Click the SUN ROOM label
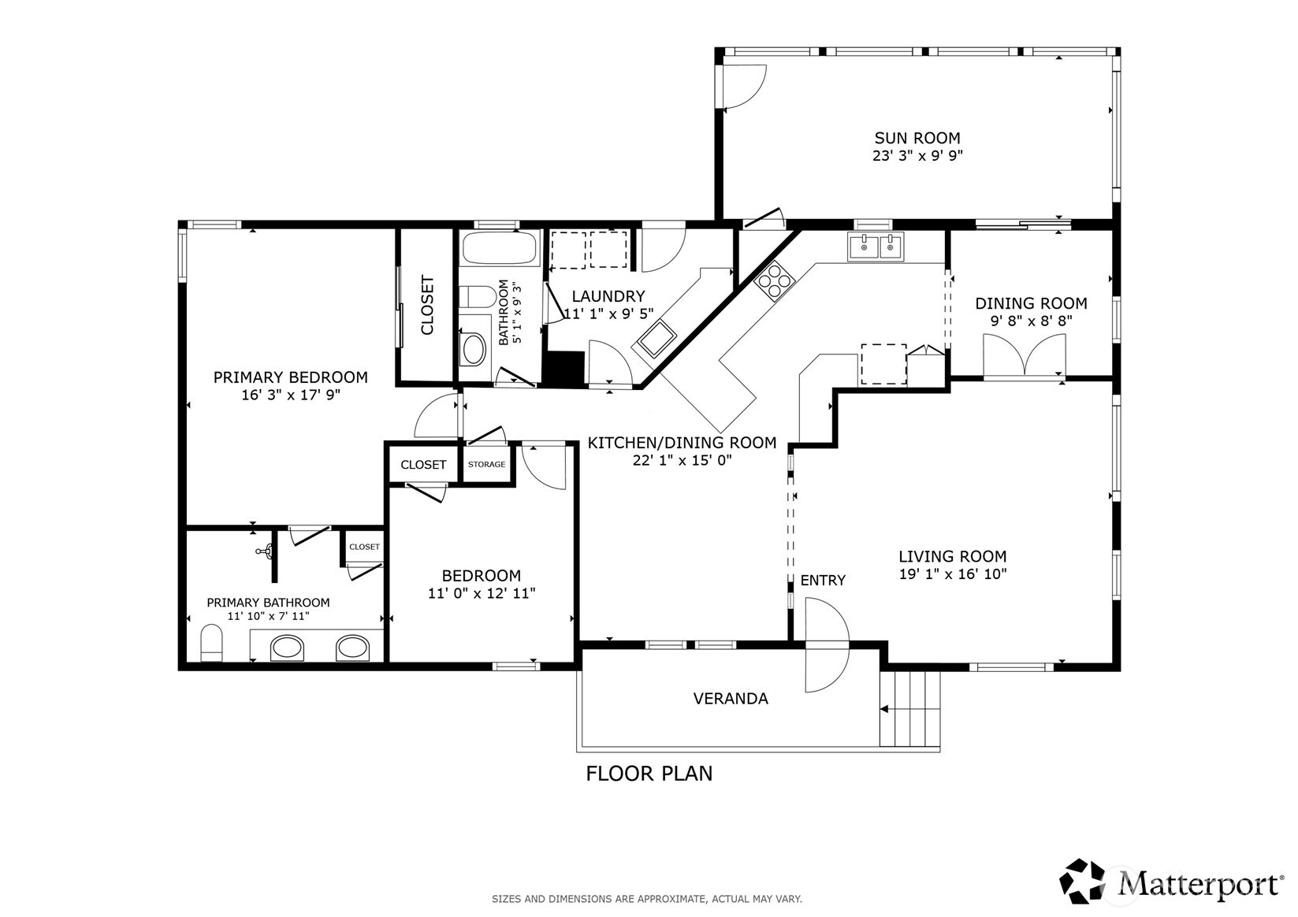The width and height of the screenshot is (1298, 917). [917, 139]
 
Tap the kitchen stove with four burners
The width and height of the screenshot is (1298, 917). [774, 280]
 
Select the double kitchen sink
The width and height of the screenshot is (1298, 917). [876, 247]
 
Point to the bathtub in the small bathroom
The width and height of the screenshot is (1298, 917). [499, 249]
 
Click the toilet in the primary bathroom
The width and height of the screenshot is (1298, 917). [212, 643]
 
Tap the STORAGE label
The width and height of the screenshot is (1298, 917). [486, 464]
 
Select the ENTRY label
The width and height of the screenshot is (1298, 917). [822, 581]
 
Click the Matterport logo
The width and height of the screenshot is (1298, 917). [1171, 882]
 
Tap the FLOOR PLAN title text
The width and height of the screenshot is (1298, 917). [649, 774]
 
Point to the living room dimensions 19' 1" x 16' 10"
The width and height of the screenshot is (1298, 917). [952, 575]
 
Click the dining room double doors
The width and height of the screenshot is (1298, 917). [1024, 355]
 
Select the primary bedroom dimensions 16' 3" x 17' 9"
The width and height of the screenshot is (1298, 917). [290, 395]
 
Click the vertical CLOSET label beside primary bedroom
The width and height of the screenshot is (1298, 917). [427, 304]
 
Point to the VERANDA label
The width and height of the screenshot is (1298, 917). [730, 699]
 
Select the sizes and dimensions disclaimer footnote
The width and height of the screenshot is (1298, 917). [646, 899]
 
